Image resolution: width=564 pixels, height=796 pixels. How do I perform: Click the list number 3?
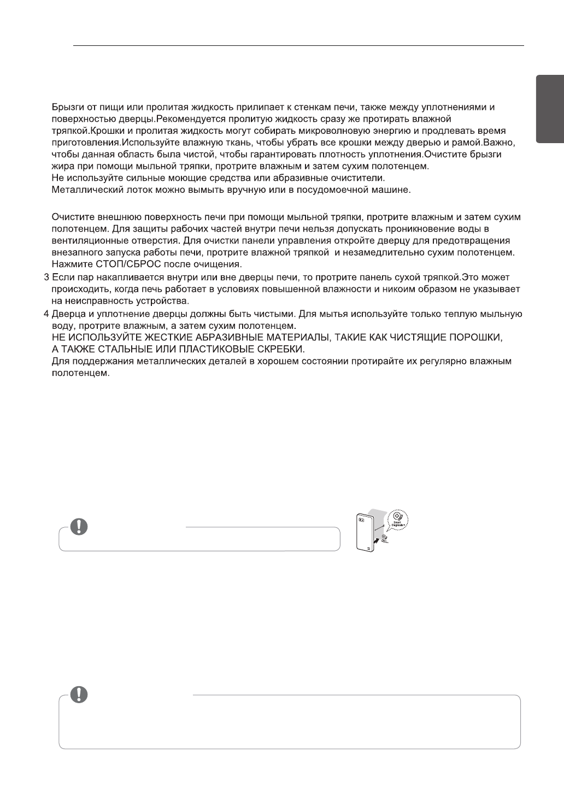click(x=46, y=276)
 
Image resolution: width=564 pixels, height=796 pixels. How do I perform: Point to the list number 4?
click(x=46, y=314)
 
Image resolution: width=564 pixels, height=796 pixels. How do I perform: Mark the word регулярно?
click(x=445, y=361)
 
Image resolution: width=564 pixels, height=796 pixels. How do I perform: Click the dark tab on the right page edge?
click(x=550, y=109)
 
